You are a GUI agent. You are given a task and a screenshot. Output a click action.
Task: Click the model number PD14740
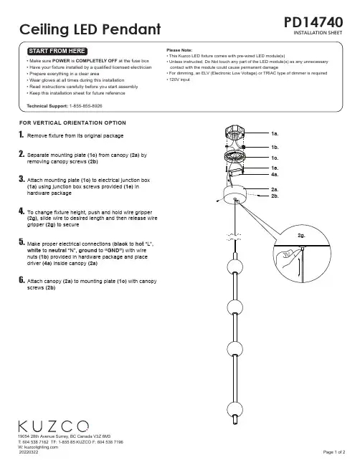(313, 22)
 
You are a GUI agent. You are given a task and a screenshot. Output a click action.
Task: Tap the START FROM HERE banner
(57, 51)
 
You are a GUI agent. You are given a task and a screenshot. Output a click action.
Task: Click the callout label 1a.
(275, 134)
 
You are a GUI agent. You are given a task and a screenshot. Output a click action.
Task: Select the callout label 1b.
(275, 147)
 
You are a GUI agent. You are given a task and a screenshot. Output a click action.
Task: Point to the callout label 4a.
(275, 175)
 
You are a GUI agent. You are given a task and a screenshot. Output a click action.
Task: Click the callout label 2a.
(275, 189)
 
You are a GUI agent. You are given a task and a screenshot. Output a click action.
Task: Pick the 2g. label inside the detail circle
(301, 236)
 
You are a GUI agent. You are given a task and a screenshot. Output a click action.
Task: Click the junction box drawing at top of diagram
(235, 133)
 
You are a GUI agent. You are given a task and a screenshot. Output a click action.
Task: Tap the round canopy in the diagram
(235, 195)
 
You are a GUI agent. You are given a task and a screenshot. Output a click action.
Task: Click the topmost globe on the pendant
(235, 267)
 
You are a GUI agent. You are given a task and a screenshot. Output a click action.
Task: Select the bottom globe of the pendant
(235, 409)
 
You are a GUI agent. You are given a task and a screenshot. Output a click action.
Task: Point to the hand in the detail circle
(285, 257)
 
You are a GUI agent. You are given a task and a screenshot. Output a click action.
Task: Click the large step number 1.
(21, 135)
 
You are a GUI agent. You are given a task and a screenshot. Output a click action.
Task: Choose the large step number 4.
(22, 211)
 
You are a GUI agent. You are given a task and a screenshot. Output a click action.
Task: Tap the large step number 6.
(22, 280)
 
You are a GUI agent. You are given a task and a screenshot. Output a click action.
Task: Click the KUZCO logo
(53, 426)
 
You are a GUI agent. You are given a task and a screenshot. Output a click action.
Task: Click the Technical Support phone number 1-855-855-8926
(86, 106)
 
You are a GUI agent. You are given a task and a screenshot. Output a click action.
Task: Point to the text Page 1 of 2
(334, 452)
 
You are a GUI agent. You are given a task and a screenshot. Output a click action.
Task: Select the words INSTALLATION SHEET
(318, 33)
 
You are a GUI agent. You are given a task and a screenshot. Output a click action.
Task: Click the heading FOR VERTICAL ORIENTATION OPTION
(72, 123)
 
